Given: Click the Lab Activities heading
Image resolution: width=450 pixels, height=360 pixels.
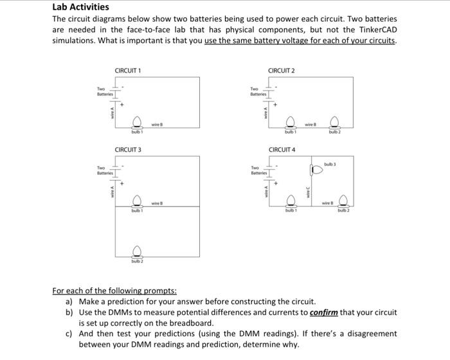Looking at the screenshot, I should [x=80, y=7].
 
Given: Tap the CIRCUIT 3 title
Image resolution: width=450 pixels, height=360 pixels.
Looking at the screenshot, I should [x=128, y=150].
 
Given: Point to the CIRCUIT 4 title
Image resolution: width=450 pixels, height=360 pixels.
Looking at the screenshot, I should [x=281, y=150].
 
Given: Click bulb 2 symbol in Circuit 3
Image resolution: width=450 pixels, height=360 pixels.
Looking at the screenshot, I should [x=137, y=251].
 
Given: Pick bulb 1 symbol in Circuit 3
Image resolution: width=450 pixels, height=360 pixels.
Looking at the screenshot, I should [x=137, y=201].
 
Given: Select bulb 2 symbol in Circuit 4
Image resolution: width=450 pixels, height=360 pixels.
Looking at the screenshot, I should [x=343, y=201].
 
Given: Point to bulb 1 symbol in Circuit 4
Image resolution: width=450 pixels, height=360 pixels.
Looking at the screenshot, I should [x=290, y=201].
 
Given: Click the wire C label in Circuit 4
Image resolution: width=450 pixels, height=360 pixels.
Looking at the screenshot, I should [x=308, y=192].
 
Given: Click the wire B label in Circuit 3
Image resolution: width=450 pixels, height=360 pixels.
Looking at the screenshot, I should [x=156, y=203].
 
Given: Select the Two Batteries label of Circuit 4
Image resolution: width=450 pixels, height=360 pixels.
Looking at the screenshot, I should [x=259, y=171].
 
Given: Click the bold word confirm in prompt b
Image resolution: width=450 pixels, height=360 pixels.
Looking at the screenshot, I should [x=323, y=312].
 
